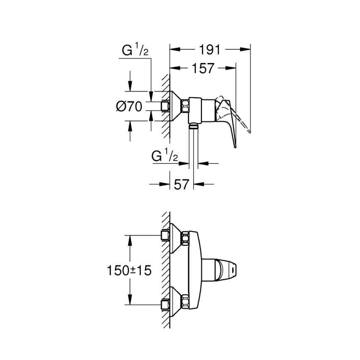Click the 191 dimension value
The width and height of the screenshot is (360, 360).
210,50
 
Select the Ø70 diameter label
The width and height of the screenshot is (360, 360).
129,107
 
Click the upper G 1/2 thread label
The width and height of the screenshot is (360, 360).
135,51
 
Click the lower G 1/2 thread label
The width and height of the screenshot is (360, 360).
165,157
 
